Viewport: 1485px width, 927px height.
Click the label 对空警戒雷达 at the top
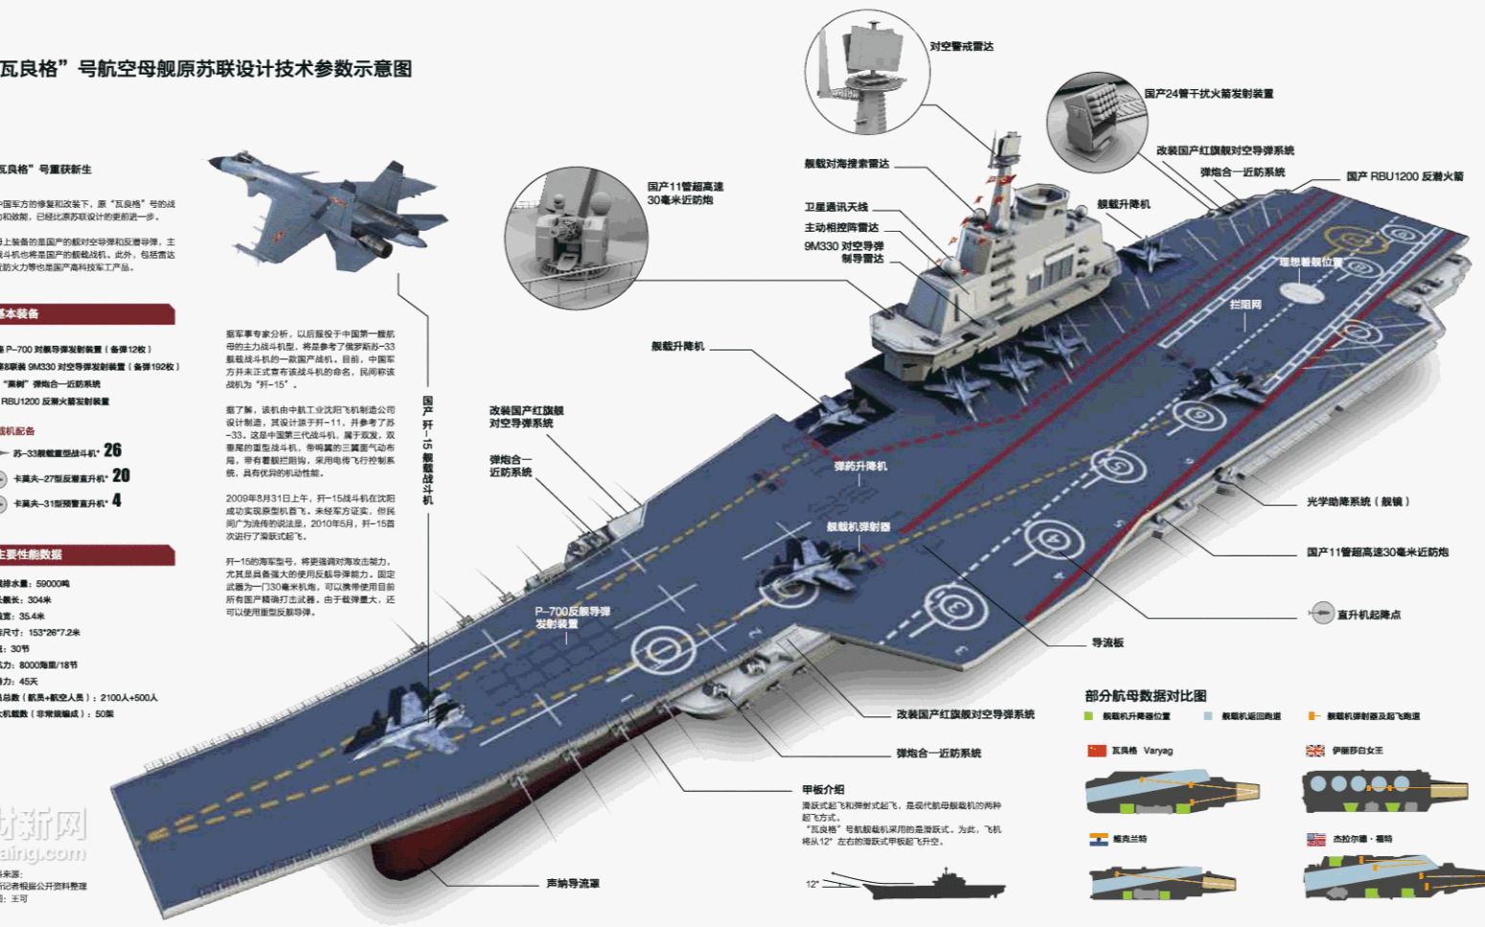[961, 46]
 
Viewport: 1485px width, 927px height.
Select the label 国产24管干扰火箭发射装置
[1208, 94]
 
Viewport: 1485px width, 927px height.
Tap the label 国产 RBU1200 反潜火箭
[1405, 176]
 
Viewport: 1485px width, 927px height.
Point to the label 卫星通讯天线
[835, 208]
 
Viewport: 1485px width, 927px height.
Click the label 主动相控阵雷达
[840, 228]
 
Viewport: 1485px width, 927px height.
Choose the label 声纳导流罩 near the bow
[573, 883]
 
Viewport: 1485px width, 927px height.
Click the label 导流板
[1107, 643]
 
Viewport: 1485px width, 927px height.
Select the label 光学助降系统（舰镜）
[1358, 502]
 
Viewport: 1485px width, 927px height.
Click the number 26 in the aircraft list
[113, 449]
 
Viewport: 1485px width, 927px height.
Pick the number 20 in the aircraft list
[121, 475]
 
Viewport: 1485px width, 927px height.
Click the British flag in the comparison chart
[1314, 751]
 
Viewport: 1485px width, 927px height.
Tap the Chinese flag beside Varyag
[1096, 751]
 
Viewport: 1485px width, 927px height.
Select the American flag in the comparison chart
[1314, 840]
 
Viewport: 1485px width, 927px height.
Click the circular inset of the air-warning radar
[867, 72]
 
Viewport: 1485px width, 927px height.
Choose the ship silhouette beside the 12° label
[934, 886]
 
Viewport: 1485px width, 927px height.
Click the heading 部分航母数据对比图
[1145, 696]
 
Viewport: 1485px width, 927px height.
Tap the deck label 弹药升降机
[859, 466]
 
